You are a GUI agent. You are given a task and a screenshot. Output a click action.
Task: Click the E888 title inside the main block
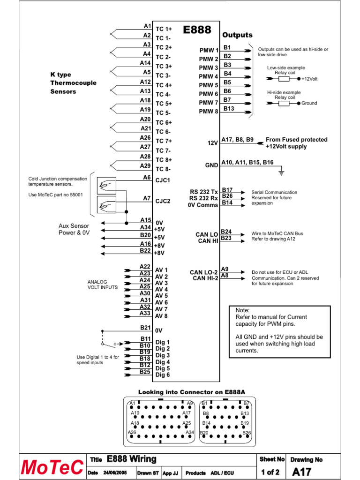[197, 30]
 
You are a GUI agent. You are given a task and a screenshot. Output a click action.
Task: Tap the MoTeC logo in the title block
[52, 467]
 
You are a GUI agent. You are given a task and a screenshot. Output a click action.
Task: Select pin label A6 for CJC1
[147, 178]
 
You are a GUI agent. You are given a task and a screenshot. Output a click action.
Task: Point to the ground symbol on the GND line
[281, 173]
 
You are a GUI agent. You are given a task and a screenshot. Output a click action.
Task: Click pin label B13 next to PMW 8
[229, 108]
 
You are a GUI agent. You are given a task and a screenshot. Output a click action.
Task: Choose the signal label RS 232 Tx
[204, 192]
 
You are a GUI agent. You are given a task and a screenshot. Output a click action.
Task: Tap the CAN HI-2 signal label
[205, 278]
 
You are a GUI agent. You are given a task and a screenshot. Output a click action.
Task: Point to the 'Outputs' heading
[237, 35]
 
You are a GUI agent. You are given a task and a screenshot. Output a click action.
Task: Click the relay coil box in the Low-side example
[284, 79]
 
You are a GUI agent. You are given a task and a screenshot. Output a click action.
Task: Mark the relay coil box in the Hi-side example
[284, 103]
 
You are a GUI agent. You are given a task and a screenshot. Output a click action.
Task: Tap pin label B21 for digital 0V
[145, 328]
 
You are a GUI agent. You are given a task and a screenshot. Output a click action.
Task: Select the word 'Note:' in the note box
[243, 310]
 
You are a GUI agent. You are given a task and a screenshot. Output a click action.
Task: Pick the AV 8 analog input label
[161, 316]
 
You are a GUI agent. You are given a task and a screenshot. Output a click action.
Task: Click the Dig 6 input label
[163, 375]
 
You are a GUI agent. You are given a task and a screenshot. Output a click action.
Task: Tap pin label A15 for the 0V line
[145, 220]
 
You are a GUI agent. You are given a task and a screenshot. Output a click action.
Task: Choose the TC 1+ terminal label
[164, 29]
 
